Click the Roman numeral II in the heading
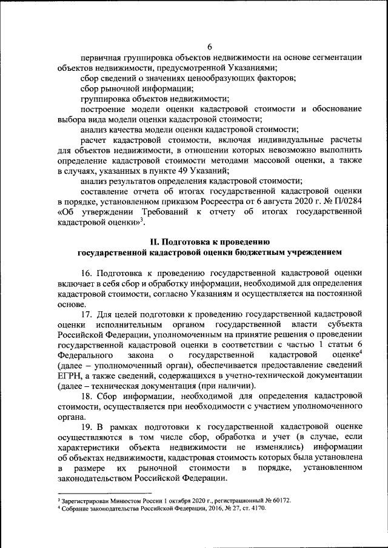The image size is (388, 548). point(155,242)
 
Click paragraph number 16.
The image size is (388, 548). point(86,272)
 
